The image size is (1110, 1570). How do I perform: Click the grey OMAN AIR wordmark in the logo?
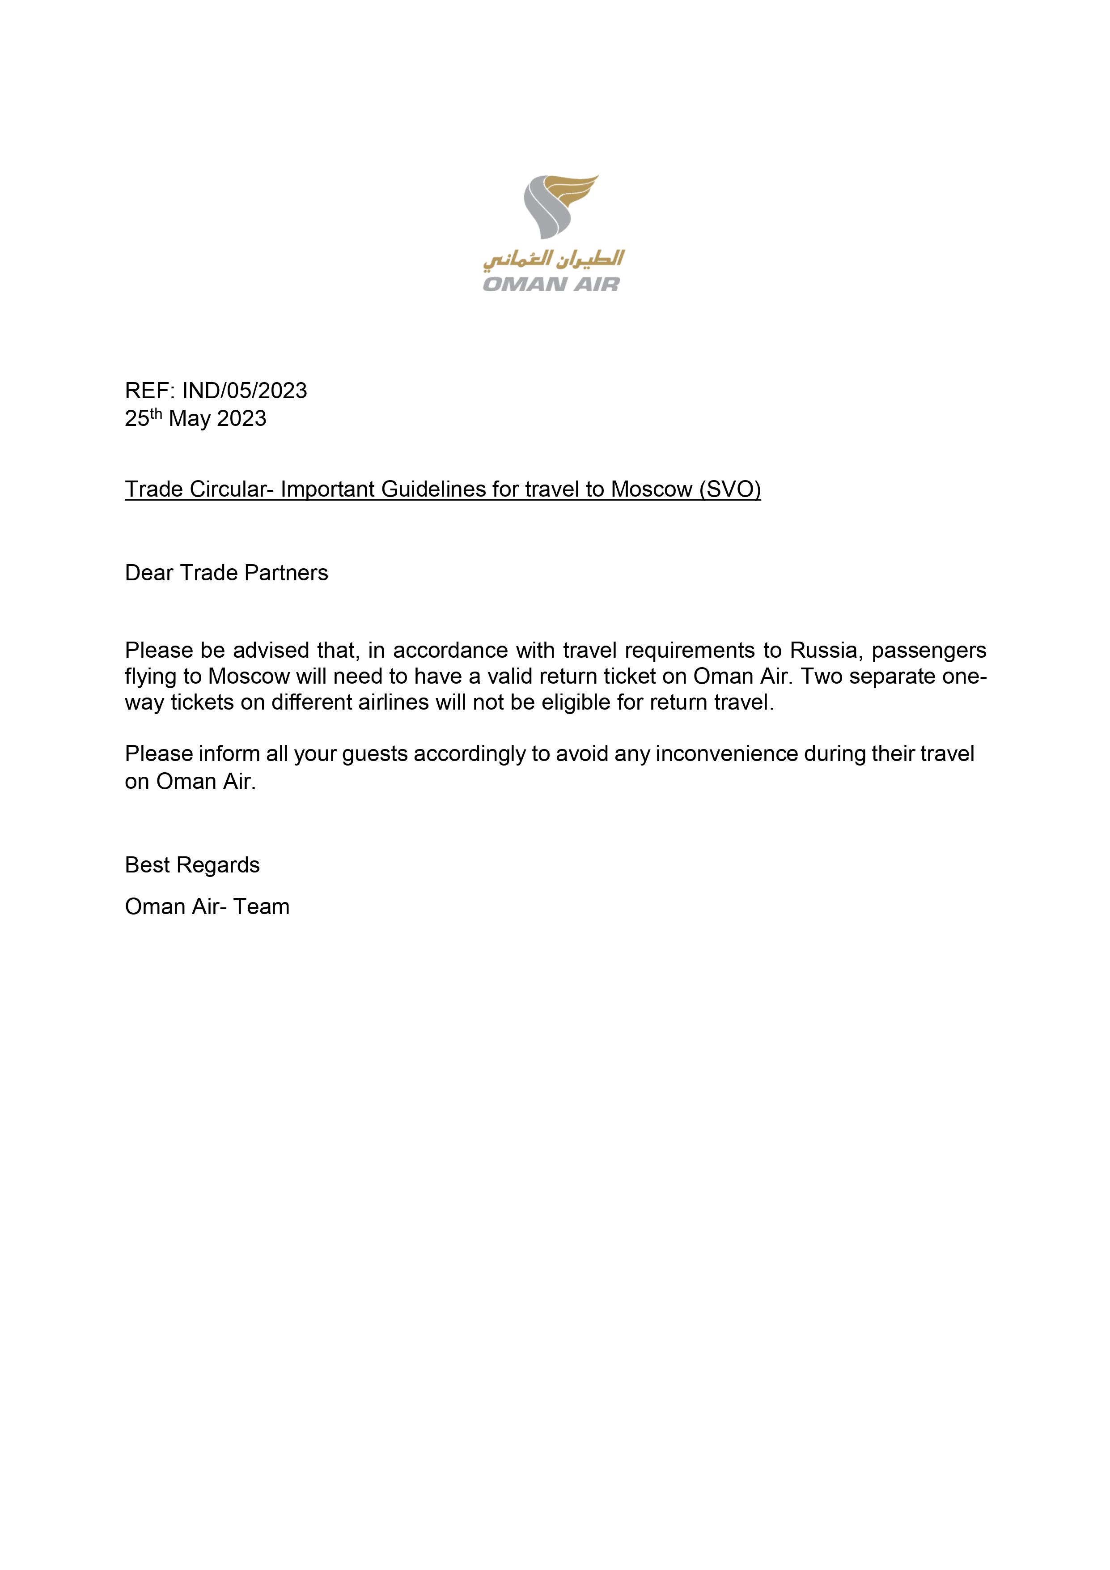tap(551, 284)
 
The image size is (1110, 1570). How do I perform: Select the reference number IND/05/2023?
tap(244, 391)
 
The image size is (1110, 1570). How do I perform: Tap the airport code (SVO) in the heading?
tap(730, 489)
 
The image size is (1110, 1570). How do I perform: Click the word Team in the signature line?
tap(261, 907)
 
